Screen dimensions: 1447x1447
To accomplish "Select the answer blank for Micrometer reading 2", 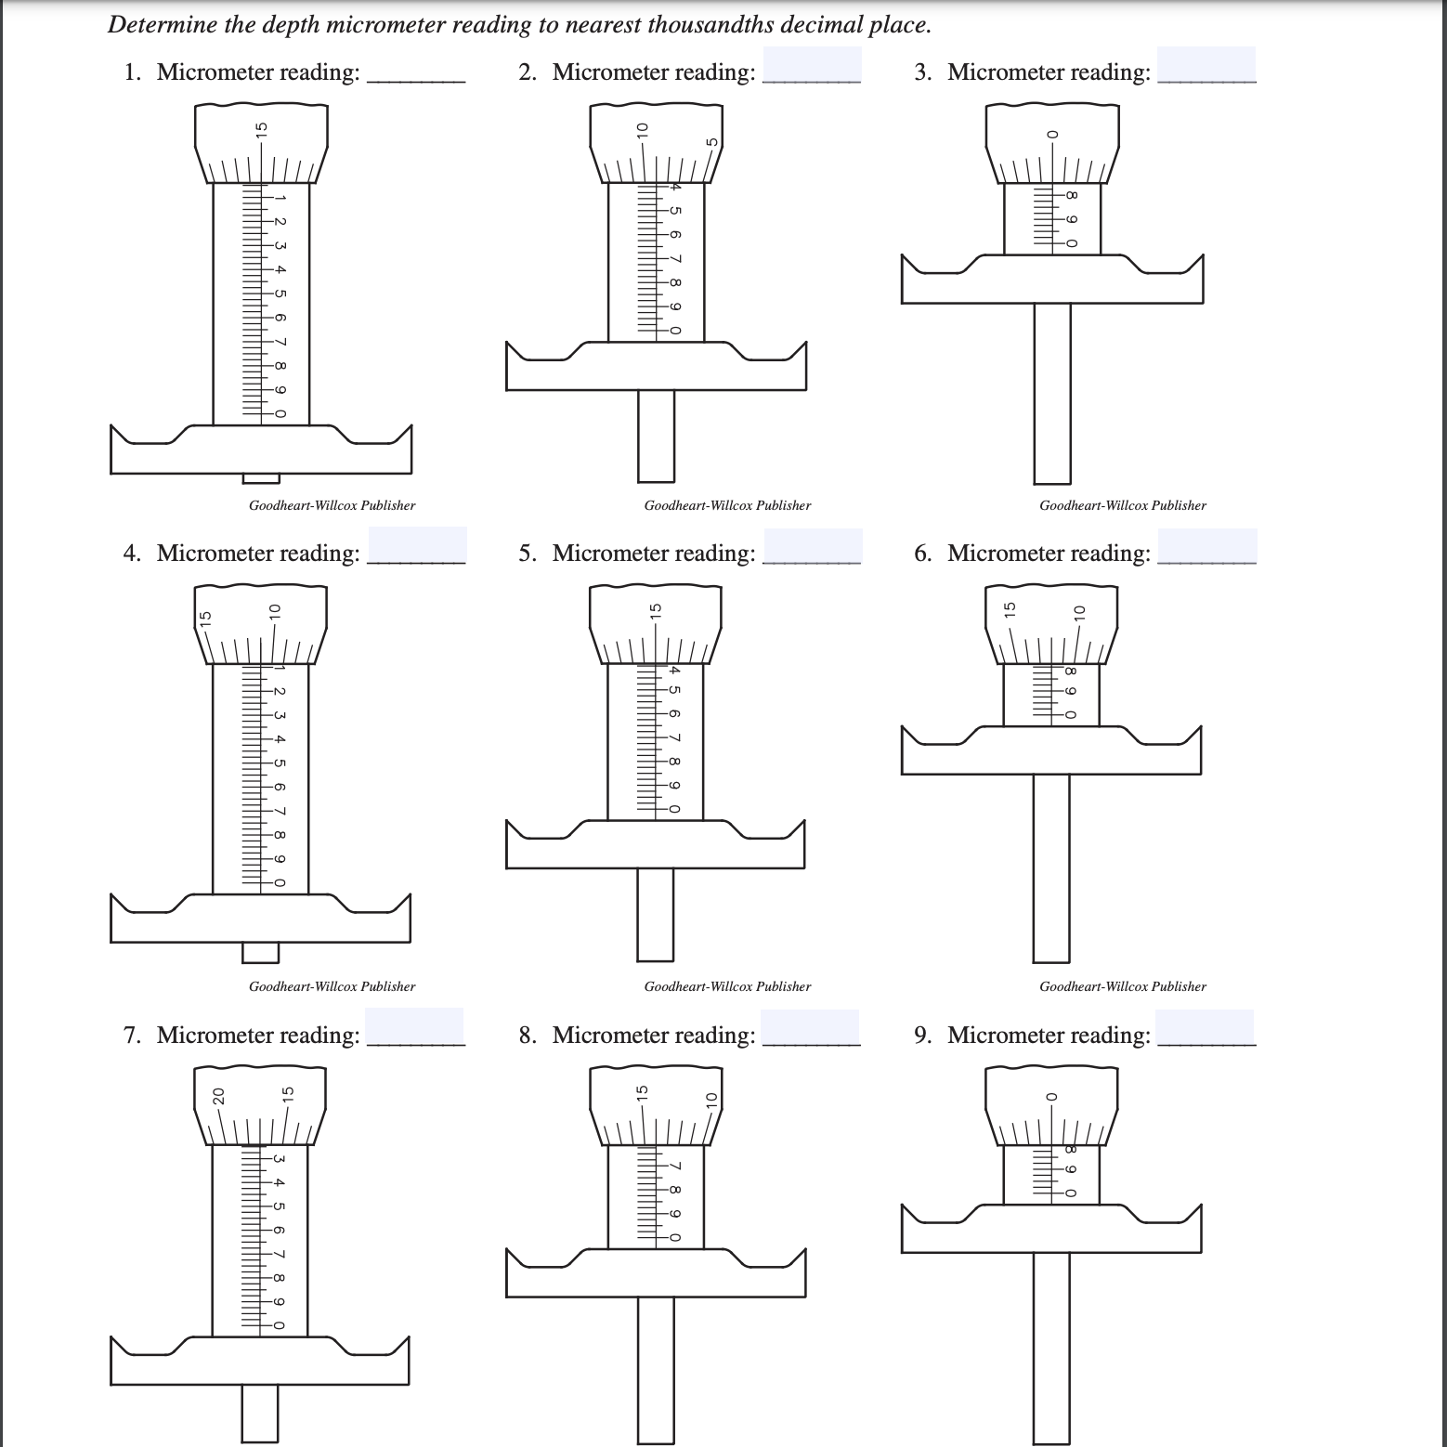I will pyautogui.click(x=811, y=67).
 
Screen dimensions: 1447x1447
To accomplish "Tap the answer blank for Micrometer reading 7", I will pyautogui.click(x=414, y=1028).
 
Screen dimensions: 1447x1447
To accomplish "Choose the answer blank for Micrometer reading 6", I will pyautogui.click(x=1206, y=547).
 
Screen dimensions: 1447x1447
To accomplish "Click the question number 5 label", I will pyautogui.click(x=527, y=554).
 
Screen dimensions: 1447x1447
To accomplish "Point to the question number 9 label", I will pyautogui.click(x=921, y=1036).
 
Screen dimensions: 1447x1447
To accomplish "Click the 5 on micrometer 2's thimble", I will pyautogui.click(x=712, y=142).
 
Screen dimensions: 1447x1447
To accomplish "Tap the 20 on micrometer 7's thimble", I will pyautogui.click(x=218, y=1097).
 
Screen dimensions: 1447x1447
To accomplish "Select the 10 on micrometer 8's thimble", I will pyautogui.click(x=712, y=1100).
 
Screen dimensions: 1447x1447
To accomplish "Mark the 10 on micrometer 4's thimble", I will pyautogui.click(x=274, y=611).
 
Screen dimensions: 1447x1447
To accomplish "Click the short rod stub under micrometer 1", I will pyautogui.click(x=260, y=478).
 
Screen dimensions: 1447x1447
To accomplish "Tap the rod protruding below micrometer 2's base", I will pyautogui.click(x=656, y=436).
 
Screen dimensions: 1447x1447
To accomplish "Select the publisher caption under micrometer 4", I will pyautogui.click(x=332, y=986).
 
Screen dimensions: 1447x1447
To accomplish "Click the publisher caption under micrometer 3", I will pyautogui.click(x=1122, y=505).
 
